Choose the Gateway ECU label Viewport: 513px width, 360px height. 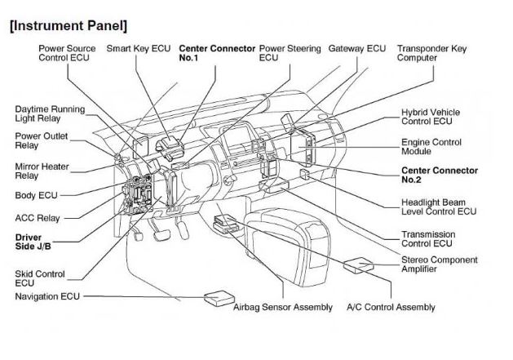356,48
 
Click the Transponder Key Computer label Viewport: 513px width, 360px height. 431,53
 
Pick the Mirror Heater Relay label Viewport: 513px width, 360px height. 43,170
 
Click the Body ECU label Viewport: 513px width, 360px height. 37,196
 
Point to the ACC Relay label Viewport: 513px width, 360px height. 38,219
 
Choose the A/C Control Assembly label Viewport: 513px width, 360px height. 391,307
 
